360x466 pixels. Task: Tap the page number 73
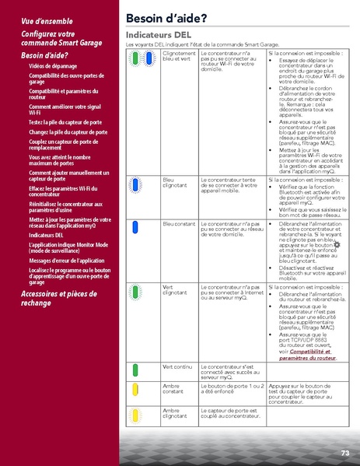coord(344,452)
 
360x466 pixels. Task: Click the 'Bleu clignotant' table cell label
coord(174,184)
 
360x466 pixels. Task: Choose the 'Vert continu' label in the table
coord(177,366)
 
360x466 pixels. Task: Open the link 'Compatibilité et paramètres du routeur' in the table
coord(307,355)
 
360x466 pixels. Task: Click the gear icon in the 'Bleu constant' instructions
coord(337,245)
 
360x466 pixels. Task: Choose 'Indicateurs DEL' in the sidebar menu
coord(46,234)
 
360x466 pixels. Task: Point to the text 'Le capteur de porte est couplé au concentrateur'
coord(229,413)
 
